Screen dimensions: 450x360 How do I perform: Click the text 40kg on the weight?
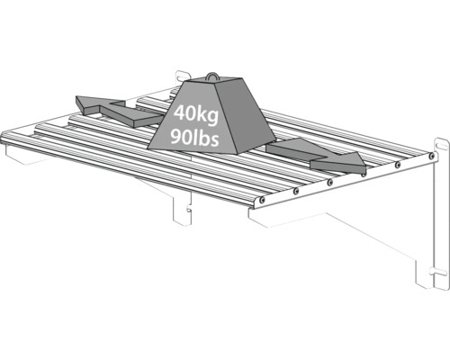click(196, 114)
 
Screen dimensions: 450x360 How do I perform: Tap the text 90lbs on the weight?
click(194, 138)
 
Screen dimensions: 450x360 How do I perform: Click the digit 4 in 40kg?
click(180, 112)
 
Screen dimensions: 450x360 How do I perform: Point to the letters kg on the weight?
click(209, 115)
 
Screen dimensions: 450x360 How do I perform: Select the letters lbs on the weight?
click(207, 138)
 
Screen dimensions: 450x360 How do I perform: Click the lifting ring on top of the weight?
click(212, 76)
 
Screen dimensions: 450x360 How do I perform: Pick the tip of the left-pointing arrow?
click(76, 97)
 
